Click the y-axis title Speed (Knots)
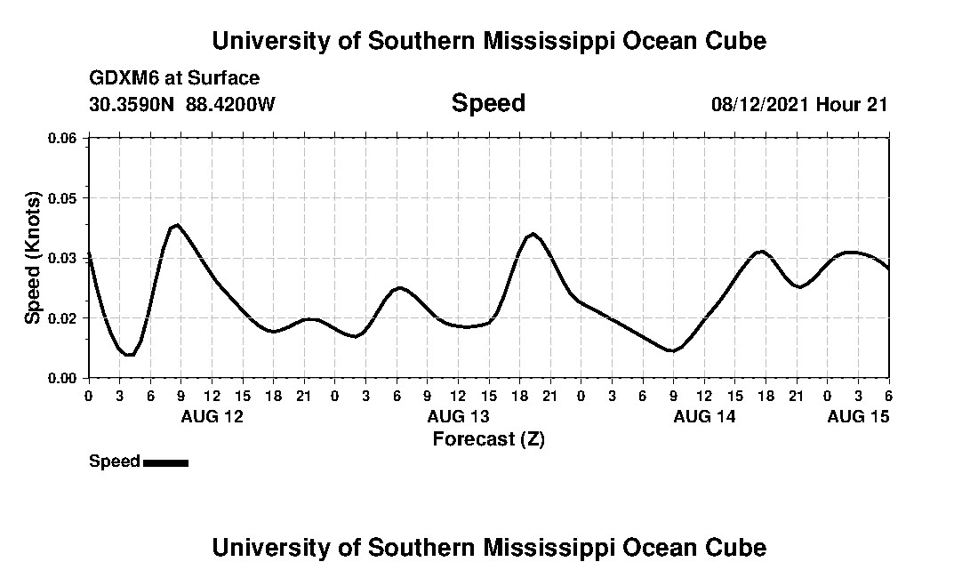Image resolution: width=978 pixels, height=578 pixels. coord(33,257)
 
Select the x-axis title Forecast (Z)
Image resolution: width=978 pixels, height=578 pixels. coord(488,438)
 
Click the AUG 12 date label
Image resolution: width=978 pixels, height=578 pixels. coord(212,416)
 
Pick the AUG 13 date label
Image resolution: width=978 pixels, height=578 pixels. coord(458,416)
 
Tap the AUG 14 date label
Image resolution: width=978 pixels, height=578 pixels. coord(704,416)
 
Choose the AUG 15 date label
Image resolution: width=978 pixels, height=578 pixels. coord(858,416)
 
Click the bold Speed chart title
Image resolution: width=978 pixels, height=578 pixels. coord(488,103)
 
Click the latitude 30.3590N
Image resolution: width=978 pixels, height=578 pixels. coord(132,104)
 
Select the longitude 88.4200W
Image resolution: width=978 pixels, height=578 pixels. coord(230,104)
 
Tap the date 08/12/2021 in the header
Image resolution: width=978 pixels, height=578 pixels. coord(759,104)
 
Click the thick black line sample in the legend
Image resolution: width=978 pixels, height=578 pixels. coord(165,462)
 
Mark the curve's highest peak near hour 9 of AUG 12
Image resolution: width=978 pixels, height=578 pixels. coord(178,225)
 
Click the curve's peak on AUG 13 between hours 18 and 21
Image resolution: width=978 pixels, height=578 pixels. coord(533,234)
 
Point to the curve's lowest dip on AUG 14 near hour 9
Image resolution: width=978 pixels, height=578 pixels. coord(672,351)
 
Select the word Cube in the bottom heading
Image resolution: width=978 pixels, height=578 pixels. coord(739,547)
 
